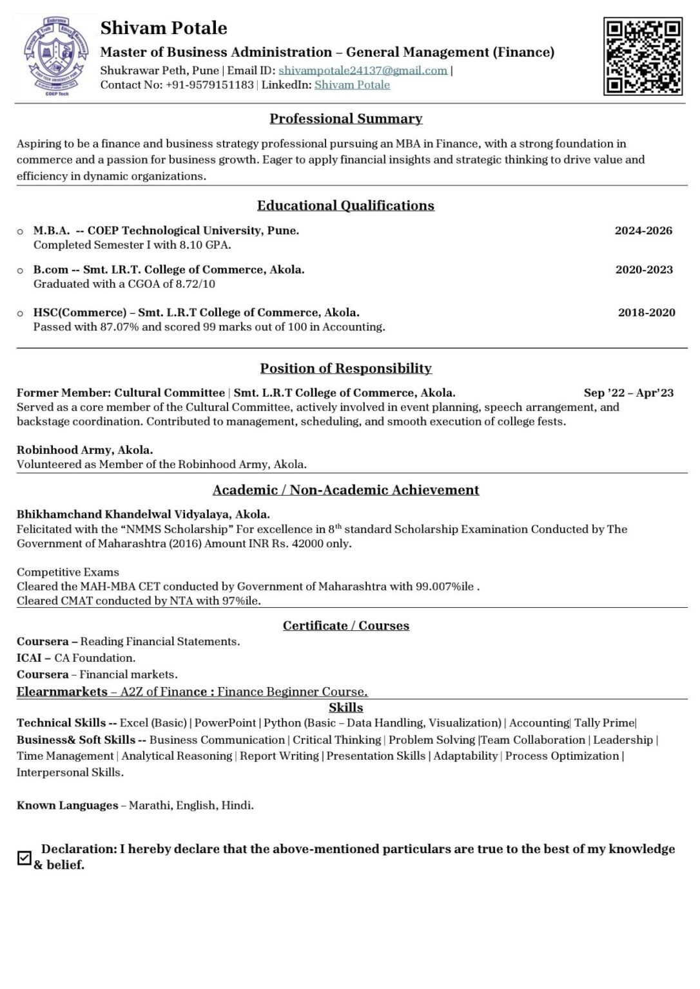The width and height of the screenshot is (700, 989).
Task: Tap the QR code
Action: (x=642, y=57)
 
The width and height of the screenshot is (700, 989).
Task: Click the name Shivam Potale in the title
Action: (x=164, y=28)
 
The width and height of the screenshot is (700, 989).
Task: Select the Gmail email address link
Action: (x=363, y=70)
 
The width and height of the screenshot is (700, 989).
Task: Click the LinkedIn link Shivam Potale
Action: (x=352, y=85)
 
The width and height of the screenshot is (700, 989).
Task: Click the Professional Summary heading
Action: (x=346, y=118)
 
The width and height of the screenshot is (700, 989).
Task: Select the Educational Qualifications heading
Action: (x=345, y=205)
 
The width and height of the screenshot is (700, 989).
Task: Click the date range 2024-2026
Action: (x=643, y=231)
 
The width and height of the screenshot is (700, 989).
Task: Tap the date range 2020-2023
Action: (x=644, y=270)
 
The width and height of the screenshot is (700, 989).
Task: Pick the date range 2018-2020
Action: (x=647, y=313)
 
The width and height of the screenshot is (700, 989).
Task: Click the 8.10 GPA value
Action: (x=204, y=245)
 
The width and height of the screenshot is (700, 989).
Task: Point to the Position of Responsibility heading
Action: (x=346, y=368)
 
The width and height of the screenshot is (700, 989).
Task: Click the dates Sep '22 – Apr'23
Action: (x=628, y=393)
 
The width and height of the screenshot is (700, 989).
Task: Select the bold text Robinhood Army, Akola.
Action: (x=84, y=450)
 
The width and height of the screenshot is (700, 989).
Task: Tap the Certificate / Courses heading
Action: (x=346, y=626)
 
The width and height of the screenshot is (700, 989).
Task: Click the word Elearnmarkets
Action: (x=62, y=692)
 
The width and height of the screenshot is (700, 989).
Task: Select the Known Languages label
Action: (x=67, y=805)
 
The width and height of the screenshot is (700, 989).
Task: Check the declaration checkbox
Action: (x=24, y=858)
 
